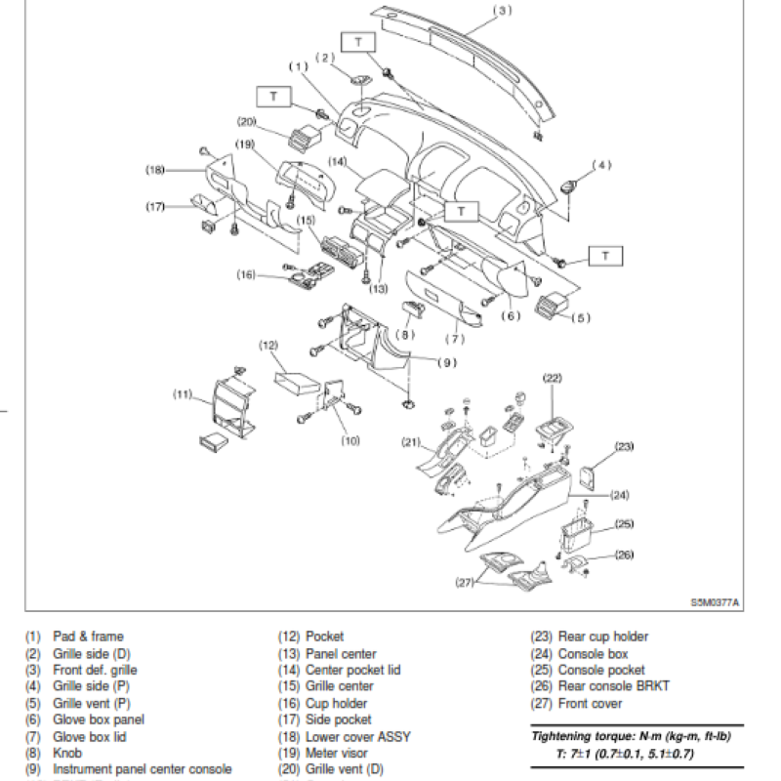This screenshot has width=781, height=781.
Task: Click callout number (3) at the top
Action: [x=503, y=11]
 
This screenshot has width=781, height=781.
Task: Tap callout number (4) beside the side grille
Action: [x=602, y=165]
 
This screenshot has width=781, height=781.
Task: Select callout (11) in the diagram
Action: [x=183, y=393]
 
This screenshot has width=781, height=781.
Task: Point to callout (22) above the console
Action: [x=553, y=378]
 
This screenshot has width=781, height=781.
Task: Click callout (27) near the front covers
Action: [x=465, y=582]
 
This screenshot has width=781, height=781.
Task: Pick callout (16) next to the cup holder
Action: [x=246, y=275]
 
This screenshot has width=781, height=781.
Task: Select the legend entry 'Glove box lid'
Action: [x=89, y=736]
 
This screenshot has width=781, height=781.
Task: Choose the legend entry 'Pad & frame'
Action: [x=87, y=637]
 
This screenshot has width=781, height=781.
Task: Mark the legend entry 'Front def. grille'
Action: [x=95, y=670]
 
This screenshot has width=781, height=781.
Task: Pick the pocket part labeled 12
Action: [x=294, y=377]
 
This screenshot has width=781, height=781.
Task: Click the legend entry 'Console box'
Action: [x=593, y=653]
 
